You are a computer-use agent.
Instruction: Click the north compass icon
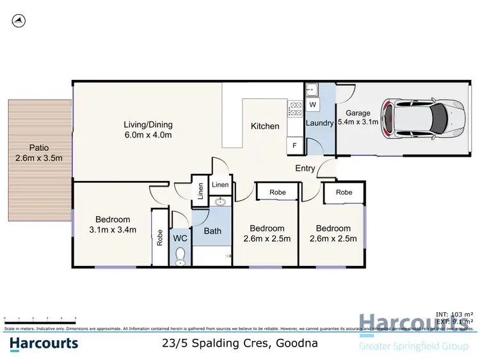[19, 21]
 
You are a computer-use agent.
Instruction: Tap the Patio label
[38, 148]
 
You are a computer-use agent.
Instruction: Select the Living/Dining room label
[148, 125]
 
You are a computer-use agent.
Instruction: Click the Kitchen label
[264, 126]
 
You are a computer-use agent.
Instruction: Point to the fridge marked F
[294, 146]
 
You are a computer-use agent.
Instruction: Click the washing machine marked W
[312, 104]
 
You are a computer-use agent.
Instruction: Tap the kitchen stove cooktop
[295, 109]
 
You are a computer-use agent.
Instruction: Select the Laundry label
[319, 123]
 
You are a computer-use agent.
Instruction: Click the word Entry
[305, 168]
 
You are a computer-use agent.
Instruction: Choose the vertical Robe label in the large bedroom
[160, 237]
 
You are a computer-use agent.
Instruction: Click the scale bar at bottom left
[40, 318]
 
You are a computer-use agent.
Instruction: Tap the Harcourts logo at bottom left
[44, 343]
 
